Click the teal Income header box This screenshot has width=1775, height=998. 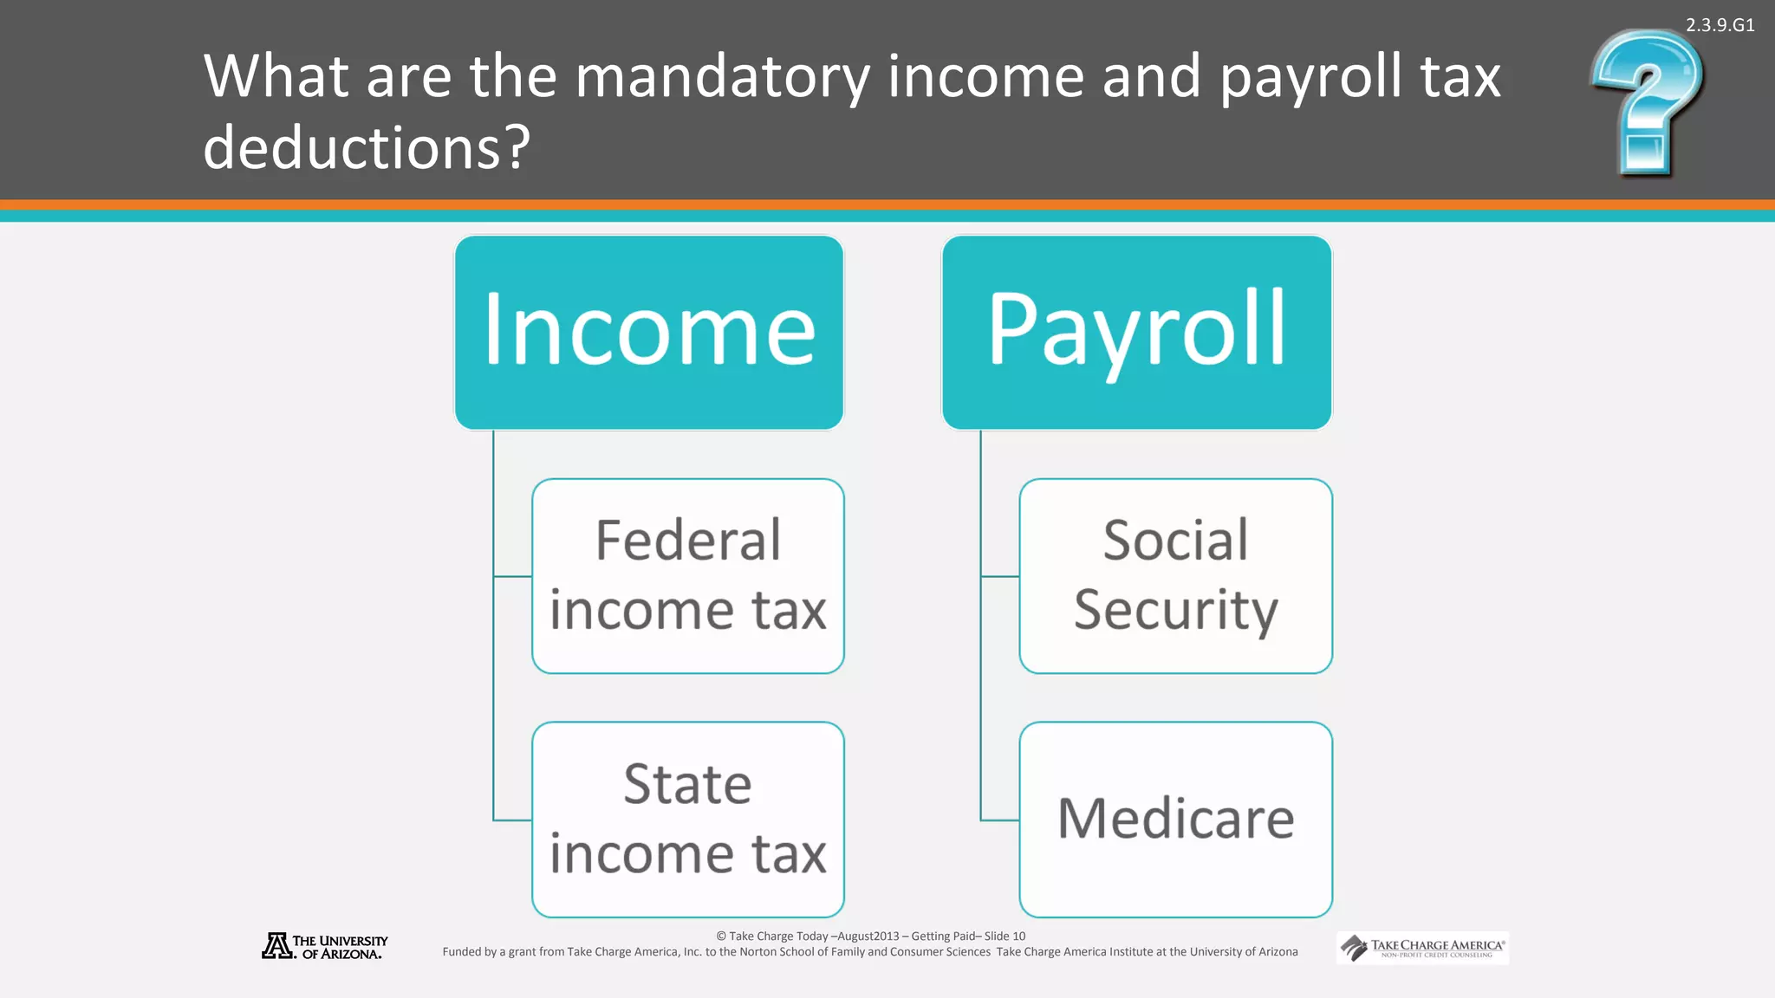click(649, 333)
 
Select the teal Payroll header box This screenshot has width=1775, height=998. click(1136, 333)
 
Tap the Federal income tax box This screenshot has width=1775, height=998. click(688, 576)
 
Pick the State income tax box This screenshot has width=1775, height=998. click(688, 820)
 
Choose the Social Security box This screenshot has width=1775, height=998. click(1175, 576)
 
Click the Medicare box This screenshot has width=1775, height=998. click(1175, 820)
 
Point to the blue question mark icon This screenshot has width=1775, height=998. click(1647, 102)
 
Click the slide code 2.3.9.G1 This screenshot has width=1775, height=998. click(1720, 25)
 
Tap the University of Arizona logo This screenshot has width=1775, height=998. click(325, 946)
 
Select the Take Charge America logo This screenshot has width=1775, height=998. click(1422, 948)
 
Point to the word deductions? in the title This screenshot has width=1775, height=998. click(367, 147)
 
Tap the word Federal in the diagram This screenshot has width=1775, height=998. click(688, 541)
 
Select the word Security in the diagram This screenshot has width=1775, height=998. click(1175, 610)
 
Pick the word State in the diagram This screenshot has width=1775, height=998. click(688, 784)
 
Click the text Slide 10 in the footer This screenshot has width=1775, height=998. click(1005, 936)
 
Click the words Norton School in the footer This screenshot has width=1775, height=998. click(778, 952)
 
